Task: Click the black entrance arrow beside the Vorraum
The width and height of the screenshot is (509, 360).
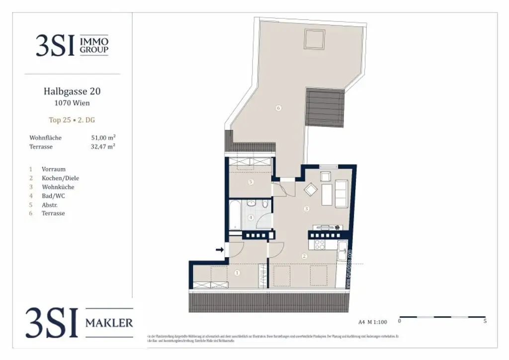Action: [219, 250]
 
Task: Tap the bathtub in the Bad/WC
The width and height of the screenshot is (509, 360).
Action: [235, 214]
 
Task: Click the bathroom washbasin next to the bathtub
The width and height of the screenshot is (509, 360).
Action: [252, 203]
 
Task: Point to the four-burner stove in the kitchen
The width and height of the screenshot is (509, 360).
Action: [318, 245]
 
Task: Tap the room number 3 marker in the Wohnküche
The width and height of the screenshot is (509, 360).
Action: [307, 208]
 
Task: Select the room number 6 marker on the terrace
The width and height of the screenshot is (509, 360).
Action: [278, 108]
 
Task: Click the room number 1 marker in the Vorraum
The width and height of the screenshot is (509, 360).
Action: [237, 272]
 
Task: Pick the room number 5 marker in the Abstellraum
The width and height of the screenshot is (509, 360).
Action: [251, 182]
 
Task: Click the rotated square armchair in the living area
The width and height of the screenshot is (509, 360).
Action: [310, 190]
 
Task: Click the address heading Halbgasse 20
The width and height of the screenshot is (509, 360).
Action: [72, 91]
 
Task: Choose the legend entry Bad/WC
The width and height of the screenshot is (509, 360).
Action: [53, 196]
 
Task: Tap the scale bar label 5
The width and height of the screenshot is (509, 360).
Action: [485, 322]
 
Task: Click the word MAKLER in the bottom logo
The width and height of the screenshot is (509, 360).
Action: [109, 323]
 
